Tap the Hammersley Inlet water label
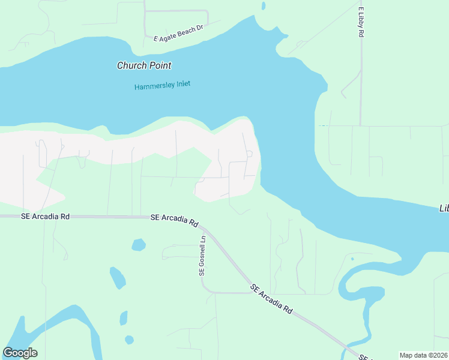click(162, 85)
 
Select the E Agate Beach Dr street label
click(179, 38)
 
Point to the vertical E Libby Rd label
click(361, 23)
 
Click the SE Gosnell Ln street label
click(202, 255)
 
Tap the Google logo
click(20, 353)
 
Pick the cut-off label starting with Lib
click(444, 208)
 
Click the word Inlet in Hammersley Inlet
click(180, 84)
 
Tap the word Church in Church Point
click(130, 65)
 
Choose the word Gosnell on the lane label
click(202, 258)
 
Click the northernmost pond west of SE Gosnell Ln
click(139, 245)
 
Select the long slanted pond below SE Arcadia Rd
click(117, 278)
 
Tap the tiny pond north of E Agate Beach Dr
click(264, 7)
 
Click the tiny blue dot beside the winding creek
click(352, 259)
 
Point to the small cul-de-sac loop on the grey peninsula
click(249, 154)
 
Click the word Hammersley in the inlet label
click(152, 86)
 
